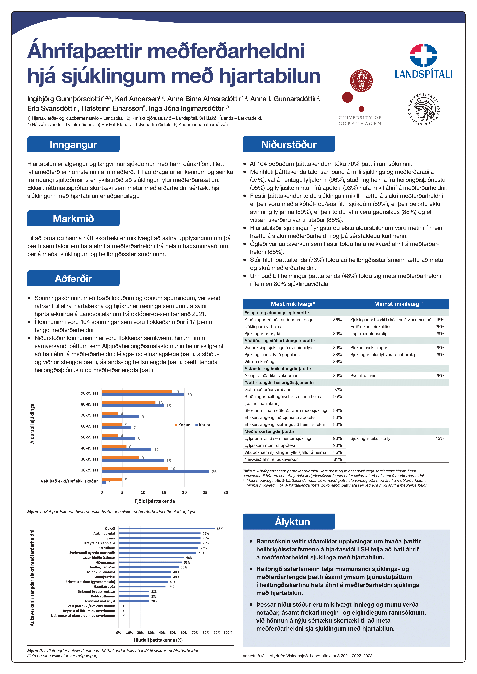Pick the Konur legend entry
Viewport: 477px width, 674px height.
[182, 425]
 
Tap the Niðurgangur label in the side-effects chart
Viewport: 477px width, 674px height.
[105, 562]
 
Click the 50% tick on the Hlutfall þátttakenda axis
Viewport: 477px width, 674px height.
[173, 633]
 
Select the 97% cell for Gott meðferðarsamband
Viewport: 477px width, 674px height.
[337, 390]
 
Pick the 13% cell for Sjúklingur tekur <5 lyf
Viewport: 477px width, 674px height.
[440, 438]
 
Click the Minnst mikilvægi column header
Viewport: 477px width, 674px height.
[399, 304]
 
